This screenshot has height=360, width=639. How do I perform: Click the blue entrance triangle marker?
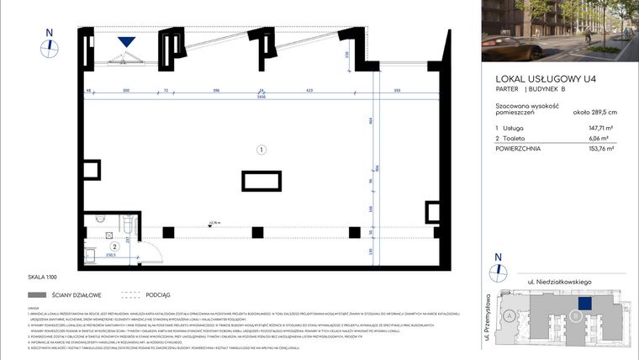127,42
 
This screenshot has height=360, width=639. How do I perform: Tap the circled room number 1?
261,150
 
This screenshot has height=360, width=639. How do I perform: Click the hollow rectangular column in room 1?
261,181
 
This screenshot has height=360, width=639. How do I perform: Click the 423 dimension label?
310,88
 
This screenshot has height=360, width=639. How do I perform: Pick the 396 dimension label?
216,88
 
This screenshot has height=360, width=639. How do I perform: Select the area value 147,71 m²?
603,126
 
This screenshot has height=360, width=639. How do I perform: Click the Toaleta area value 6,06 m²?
605,137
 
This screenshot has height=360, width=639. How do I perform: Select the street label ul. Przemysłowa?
488,312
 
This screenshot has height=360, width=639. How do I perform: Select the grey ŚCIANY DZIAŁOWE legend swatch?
37,295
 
